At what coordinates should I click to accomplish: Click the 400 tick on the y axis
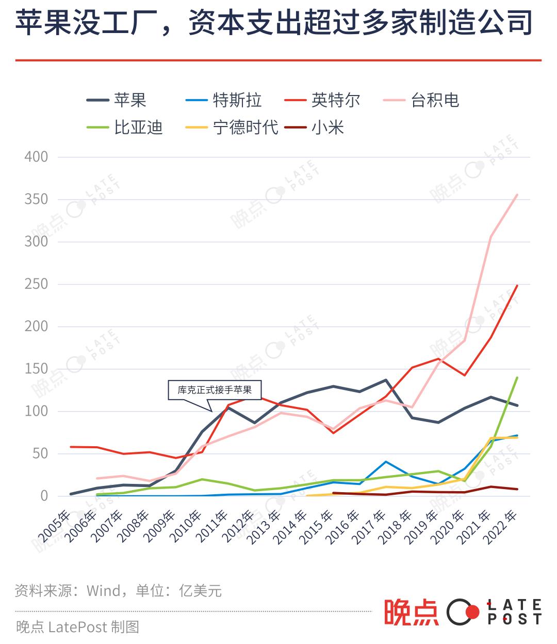[36, 156]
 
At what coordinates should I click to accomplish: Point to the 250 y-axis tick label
[36, 284]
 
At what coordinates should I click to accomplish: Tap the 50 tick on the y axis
[40, 453]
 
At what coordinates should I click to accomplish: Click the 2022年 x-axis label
[503, 526]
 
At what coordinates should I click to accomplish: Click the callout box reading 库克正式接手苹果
[215, 390]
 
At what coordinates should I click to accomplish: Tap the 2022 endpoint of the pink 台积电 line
[517, 195]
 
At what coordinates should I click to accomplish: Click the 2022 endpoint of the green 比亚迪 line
[517, 378]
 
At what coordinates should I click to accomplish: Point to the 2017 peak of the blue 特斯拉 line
[386, 461]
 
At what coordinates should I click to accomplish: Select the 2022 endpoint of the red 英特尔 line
[517, 286]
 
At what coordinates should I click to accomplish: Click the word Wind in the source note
[104, 590]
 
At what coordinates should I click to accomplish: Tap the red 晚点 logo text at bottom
[411, 612]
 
